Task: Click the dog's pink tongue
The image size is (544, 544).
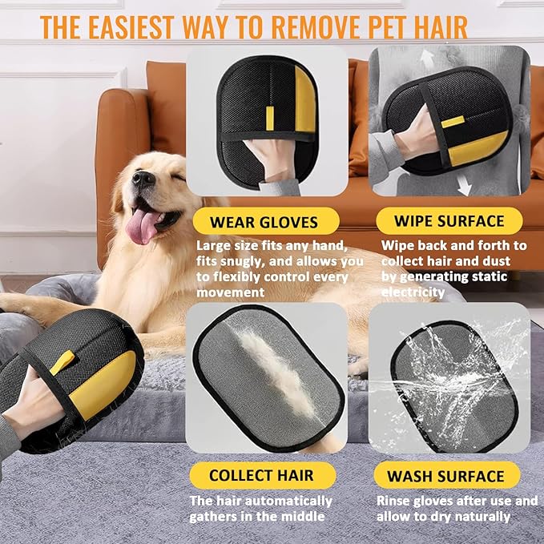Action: (141, 225)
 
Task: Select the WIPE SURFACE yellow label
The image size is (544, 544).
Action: (448, 220)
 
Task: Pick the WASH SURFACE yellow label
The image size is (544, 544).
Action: (445, 476)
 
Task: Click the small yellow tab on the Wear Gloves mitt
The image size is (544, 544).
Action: (269, 117)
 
